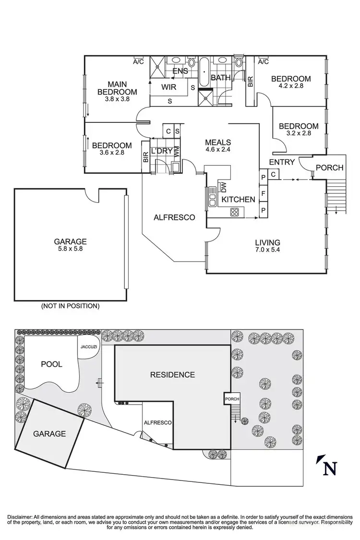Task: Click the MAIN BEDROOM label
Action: click(117, 88)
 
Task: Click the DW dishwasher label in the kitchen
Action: click(223, 187)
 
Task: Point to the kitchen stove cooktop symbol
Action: click(235, 212)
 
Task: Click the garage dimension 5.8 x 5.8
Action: click(70, 250)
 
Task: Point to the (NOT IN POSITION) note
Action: click(70, 306)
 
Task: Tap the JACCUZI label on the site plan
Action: click(89, 346)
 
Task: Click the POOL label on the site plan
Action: click(51, 364)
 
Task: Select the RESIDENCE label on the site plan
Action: click(172, 374)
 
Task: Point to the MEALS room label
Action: click(218, 143)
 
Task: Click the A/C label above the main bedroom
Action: click(138, 61)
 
